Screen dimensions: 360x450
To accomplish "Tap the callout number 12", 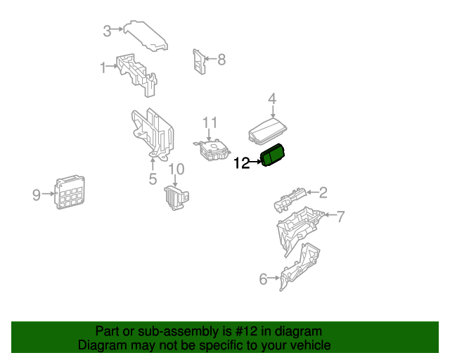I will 241,164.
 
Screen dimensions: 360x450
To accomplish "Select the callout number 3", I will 107,31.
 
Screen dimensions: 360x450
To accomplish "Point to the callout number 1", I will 103,67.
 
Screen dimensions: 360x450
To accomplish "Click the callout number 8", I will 221,60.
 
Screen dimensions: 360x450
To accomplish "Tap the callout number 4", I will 272,99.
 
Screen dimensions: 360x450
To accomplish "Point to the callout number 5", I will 153,179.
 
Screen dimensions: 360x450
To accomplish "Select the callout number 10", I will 176,169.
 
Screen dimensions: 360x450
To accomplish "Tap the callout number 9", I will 37,195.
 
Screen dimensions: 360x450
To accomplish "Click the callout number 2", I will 323,192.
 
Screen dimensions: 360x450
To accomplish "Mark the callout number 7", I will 340,217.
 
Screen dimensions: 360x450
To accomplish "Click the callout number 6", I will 264,279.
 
